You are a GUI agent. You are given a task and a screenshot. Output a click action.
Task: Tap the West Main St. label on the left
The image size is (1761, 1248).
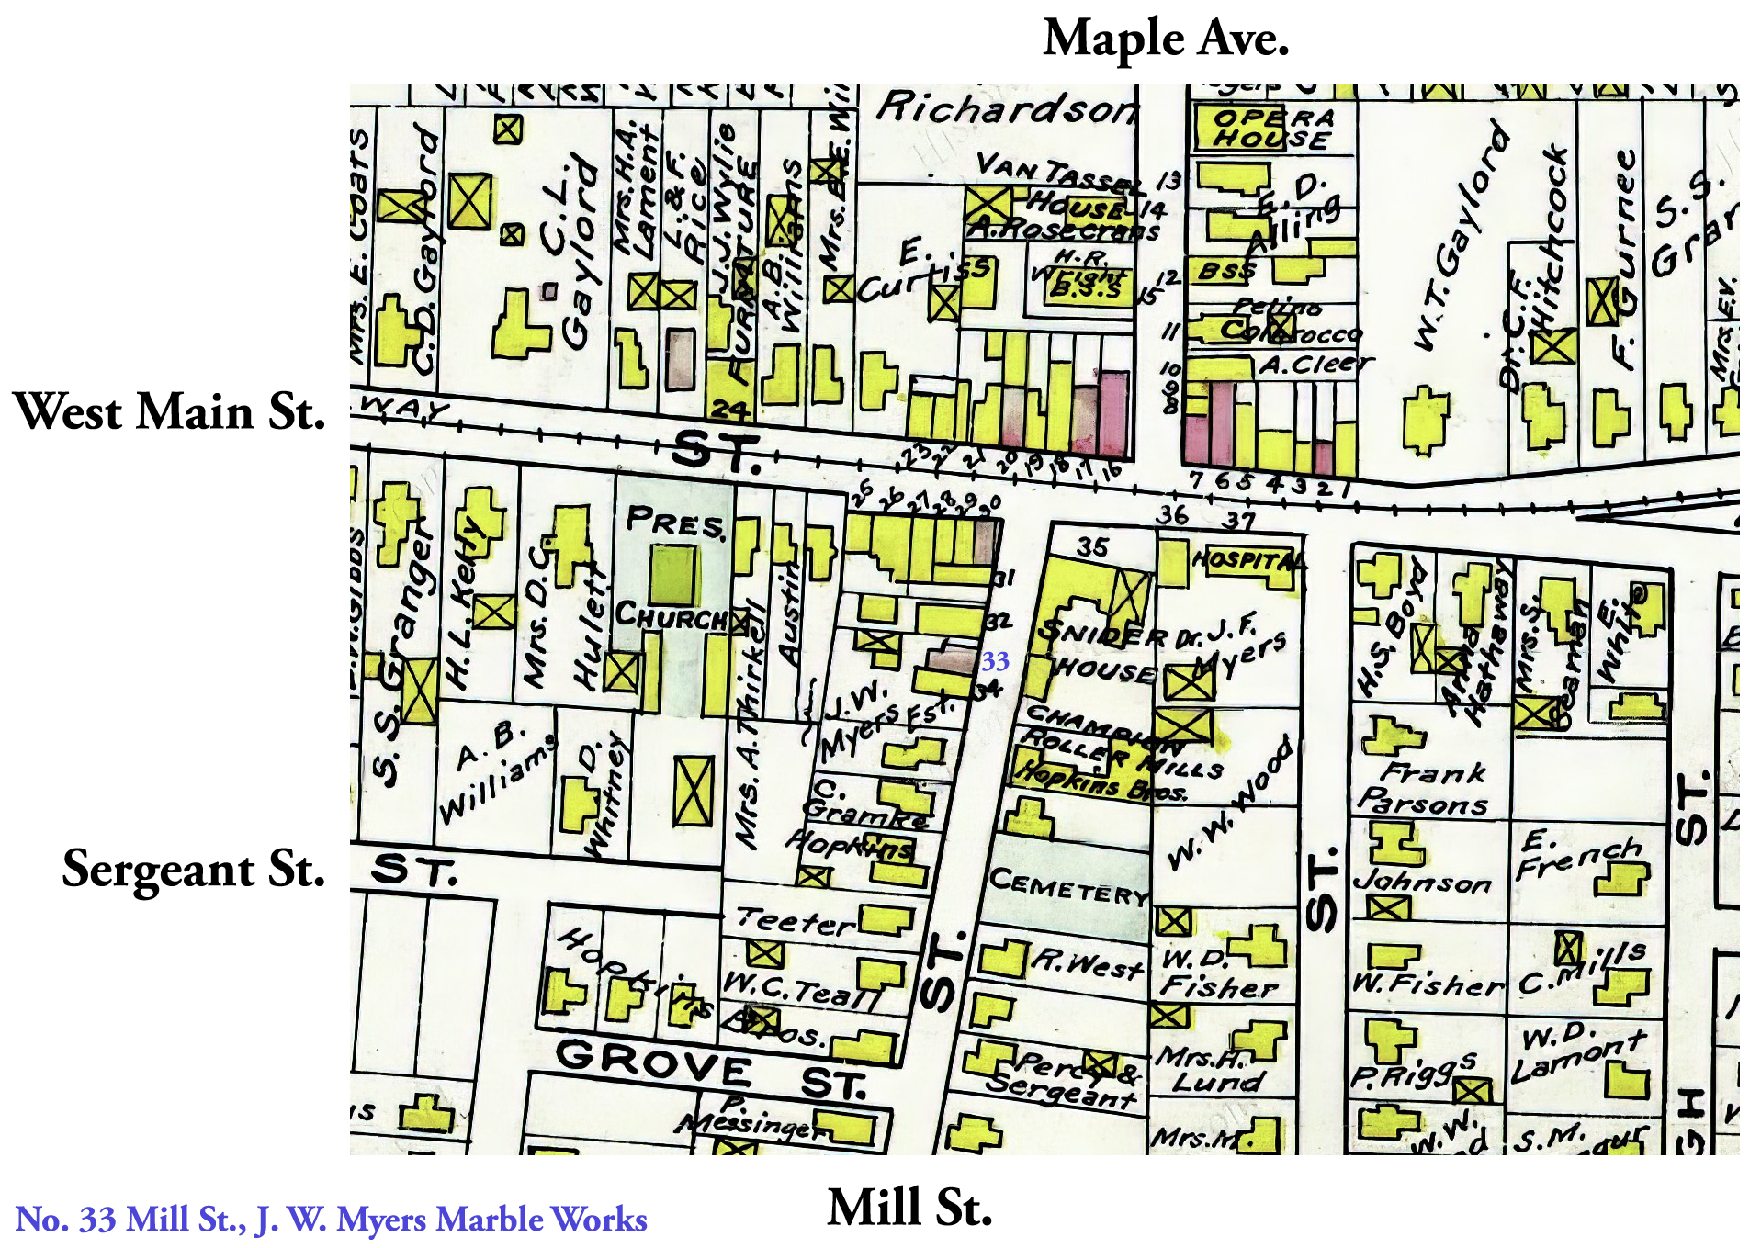(170, 410)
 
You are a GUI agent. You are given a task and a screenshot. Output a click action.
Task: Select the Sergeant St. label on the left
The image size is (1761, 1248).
(194, 868)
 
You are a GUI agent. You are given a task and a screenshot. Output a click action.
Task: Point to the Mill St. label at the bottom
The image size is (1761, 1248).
(909, 1207)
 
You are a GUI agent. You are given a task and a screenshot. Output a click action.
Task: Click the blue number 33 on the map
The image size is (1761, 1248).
(995, 661)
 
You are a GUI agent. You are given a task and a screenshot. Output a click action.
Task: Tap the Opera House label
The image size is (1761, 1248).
(1272, 129)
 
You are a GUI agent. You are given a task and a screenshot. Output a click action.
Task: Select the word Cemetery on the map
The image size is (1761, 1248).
(1068, 885)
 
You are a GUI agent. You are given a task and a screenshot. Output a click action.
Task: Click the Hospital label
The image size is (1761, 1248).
(1248, 559)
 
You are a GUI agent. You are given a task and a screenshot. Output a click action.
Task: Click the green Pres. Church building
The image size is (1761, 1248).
(673, 575)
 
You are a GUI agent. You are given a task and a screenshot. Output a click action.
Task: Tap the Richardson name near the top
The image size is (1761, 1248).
(1006, 108)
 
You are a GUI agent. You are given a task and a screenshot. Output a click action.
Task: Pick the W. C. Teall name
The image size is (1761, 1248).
(800, 988)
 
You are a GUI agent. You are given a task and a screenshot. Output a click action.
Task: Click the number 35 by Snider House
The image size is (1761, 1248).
(1092, 547)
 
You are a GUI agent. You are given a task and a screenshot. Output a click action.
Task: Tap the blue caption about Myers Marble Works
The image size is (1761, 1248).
(332, 1220)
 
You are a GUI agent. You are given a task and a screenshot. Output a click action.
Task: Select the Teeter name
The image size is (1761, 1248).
(796, 920)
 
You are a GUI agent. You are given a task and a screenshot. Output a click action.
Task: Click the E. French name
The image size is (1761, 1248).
(1578, 855)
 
